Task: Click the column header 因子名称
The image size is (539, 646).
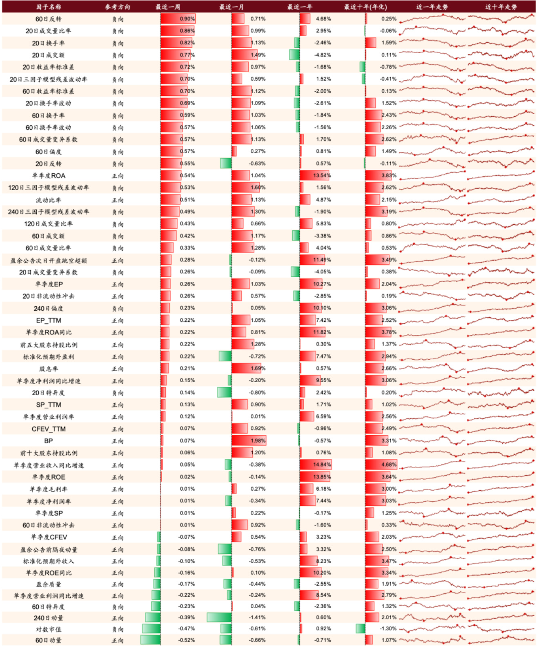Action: pos(48,7)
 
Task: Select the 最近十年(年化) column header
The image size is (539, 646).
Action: pos(365,7)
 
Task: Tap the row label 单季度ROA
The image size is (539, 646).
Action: pos(49,176)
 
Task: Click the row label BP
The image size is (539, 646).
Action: pos(49,441)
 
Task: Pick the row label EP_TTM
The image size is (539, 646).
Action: pos(49,321)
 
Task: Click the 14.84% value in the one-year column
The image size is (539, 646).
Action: pos(322,465)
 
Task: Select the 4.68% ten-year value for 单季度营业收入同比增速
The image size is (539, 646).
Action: pos(389,465)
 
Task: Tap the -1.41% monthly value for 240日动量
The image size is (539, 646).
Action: pos(257,617)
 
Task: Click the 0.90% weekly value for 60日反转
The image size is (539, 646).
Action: pos(187,19)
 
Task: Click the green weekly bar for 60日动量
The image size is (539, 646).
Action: pos(150,640)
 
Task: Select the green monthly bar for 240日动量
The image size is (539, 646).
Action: pos(219,617)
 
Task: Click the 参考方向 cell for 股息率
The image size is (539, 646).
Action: pos(118,369)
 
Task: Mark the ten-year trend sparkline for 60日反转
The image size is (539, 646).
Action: pos(501,18)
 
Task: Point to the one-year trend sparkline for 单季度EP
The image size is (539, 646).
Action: pos(432,284)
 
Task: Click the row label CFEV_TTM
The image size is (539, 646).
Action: pos(49,429)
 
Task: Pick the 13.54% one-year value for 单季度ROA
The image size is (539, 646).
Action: pos(322,176)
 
